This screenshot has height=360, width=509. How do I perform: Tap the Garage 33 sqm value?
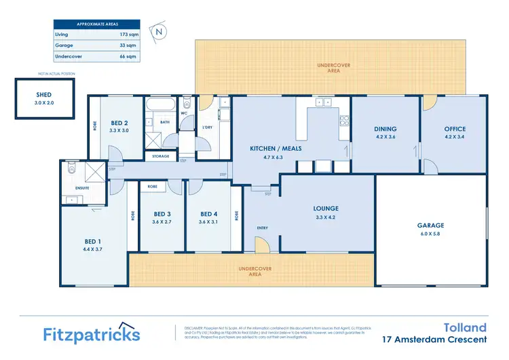[x=125, y=45]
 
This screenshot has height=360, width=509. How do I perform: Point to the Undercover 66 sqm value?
[x=125, y=57]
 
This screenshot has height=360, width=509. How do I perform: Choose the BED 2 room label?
[x=119, y=123]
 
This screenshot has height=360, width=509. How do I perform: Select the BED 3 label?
[x=163, y=213]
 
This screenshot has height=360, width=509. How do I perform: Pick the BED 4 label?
[x=209, y=213]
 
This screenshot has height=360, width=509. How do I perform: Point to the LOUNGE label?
[x=326, y=209]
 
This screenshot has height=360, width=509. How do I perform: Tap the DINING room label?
[x=385, y=128]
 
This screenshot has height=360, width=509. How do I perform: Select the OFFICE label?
[x=454, y=128]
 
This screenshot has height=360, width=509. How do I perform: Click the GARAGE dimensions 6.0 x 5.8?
[x=430, y=234]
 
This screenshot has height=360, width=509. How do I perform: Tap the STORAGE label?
[x=161, y=156]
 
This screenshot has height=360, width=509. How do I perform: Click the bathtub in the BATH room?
[x=160, y=106]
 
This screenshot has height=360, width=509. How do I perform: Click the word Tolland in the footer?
[x=467, y=327]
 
